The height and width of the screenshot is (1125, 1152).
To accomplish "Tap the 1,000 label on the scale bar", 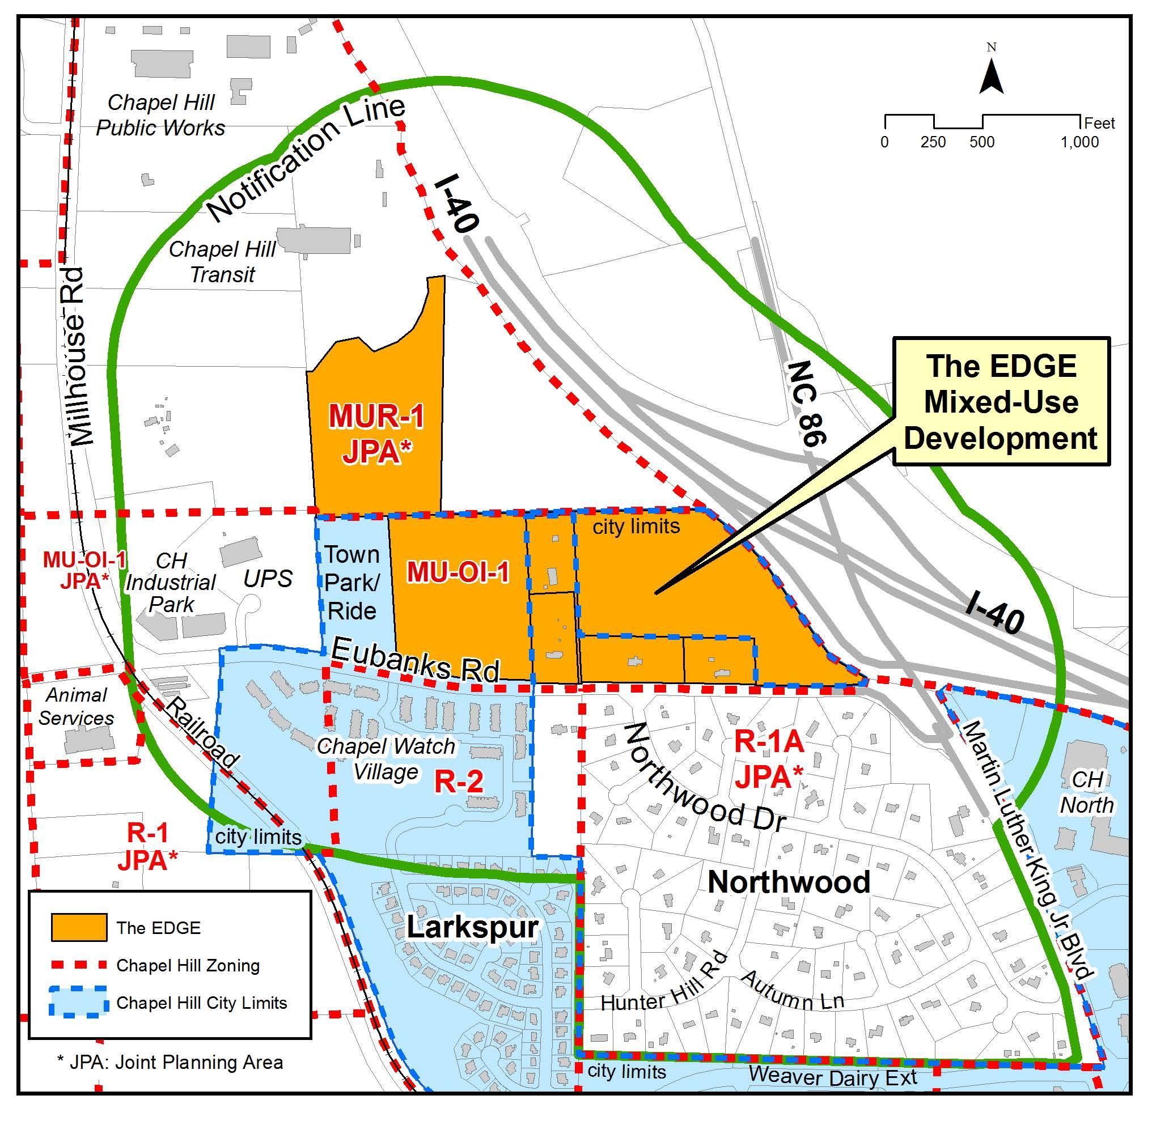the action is tap(1079, 142).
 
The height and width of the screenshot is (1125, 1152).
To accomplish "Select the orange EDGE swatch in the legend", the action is tap(79, 927).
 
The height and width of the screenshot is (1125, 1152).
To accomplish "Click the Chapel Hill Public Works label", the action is tap(161, 115).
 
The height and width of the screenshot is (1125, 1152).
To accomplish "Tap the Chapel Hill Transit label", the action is tap(222, 262).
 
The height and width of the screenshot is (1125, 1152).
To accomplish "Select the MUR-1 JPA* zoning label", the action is tap(376, 434).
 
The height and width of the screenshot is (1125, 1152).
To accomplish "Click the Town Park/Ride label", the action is tap(352, 583).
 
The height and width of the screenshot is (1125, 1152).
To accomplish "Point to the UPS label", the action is tap(268, 579).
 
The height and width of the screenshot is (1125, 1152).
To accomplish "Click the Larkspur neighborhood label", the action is tap(472, 927).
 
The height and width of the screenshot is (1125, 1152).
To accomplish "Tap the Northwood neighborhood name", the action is tap(789, 882).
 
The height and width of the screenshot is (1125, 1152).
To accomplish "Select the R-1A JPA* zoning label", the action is tap(768, 760).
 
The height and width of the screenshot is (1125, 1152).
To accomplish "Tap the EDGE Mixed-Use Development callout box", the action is tap(1001, 402).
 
